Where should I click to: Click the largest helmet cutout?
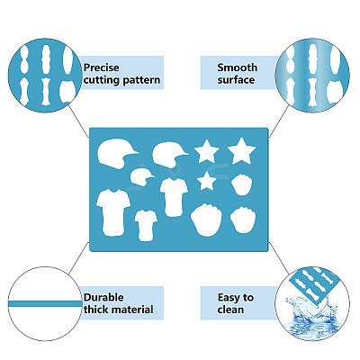pyautogui.click(x=115, y=154)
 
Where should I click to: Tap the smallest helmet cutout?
pyautogui.click(x=141, y=177)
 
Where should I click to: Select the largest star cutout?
pyautogui.click(x=241, y=150)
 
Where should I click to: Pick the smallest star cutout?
pyautogui.click(x=207, y=181)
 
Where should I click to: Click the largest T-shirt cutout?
pyautogui.click(x=113, y=212)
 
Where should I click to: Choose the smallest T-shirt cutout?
pyautogui.click(x=146, y=225)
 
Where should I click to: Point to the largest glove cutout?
pyautogui.click(x=206, y=220)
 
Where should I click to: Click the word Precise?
pyautogui.click(x=102, y=67)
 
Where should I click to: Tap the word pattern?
pyautogui.click(x=141, y=81)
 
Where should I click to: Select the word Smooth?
pyautogui.click(x=238, y=67)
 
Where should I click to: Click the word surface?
pyautogui.click(x=236, y=80)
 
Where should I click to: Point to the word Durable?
pyautogui.click(x=103, y=297)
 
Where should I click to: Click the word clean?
pyautogui.click(x=230, y=310)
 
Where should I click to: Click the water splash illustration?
pyautogui.click(x=311, y=315)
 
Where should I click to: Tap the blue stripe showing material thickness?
pyautogui.click(x=45, y=303)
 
